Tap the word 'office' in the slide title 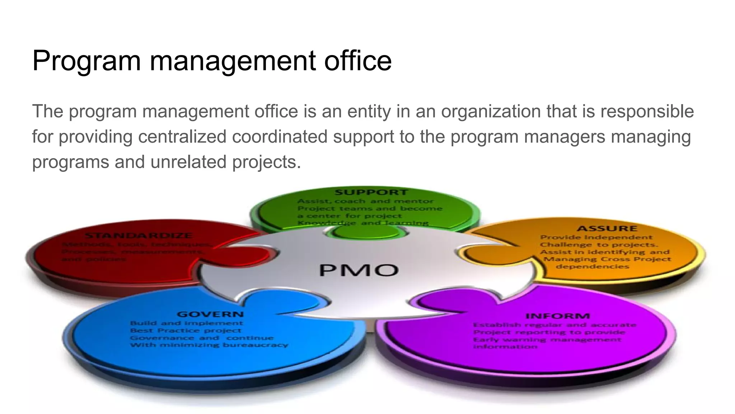tap(357, 60)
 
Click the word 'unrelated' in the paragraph tap(188, 162)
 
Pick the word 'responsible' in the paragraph tap(647, 111)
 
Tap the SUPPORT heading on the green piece tap(371, 193)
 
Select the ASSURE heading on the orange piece tap(607, 229)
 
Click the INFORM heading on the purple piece tap(557, 316)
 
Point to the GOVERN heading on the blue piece tap(210, 314)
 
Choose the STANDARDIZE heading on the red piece tap(139, 236)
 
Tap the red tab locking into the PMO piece tap(248, 256)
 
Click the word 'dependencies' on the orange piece tap(592, 267)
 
